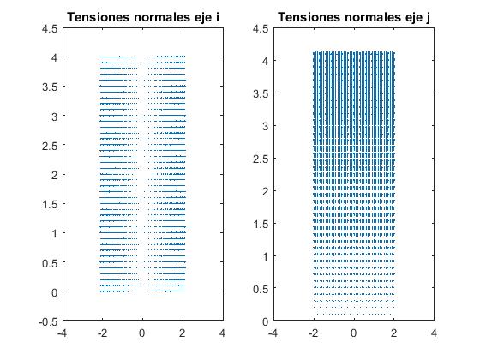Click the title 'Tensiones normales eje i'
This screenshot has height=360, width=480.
pyautogui.click(x=143, y=17)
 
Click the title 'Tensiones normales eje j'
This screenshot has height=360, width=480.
pyautogui.click(x=354, y=17)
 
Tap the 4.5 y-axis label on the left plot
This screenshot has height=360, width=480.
pyautogui.click(x=50, y=29)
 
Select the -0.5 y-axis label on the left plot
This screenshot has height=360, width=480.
pyautogui.click(x=48, y=321)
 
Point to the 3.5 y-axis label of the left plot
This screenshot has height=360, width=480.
pyautogui.click(x=50, y=87)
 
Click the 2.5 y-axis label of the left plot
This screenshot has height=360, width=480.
pyautogui.click(x=50, y=146)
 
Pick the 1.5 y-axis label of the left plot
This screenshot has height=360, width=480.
pyautogui.click(x=50, y=204)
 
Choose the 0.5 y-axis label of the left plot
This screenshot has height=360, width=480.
pyautogui.click(x=50, y=263)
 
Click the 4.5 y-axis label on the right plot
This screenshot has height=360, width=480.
pyautogui.click(x=261, y=29)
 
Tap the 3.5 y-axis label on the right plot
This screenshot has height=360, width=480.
pyautogui.click(x=261, y=94)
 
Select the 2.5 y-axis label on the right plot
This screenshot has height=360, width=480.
pyautogui.click(x=261, y=159)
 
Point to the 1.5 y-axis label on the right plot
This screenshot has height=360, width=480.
pyautogui.click(x=261, y=224)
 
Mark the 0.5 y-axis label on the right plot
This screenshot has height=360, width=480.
pyautogui.click(x=261, y=289)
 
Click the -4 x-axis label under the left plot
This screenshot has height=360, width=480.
pyautogui.click(x=62, y=333)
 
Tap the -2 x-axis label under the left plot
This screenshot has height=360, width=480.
pyautogui.click(x=102, y=333)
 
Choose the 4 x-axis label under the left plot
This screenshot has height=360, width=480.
pyautogui.click(x=223, y=333)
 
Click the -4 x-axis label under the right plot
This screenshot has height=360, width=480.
pyautogui.click(x=273, y=333)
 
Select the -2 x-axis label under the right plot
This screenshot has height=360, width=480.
pyautogui.click(x=313, y=333)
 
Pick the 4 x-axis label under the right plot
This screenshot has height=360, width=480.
pyautogui.click(x=434, y=333)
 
